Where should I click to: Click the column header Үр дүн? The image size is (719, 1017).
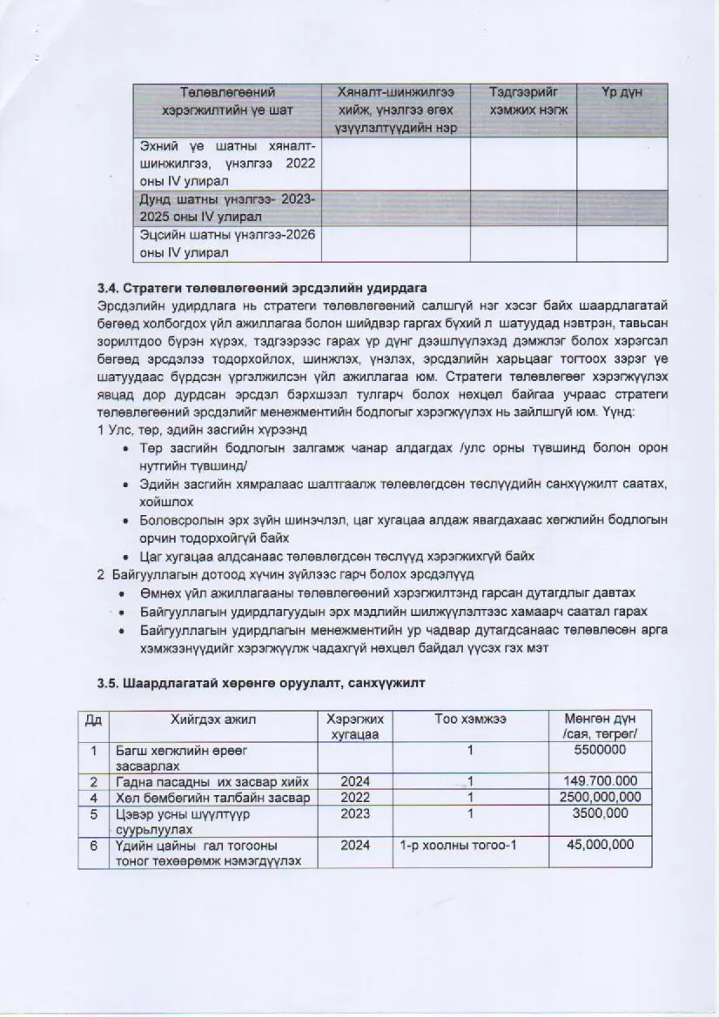pos(622,92)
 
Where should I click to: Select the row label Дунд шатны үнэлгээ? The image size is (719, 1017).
pos(228,208)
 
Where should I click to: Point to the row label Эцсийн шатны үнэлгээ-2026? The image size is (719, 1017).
pos(228,244)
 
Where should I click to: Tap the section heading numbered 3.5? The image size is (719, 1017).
pos(261,683)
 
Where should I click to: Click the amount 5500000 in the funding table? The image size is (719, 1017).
pos(601,749)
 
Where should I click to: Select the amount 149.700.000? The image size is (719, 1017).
pos(601,781)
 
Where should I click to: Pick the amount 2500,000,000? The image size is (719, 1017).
pos(601,797)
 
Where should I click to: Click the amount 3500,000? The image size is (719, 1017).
pos(601,813)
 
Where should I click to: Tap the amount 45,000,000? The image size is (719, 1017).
pos(601,845)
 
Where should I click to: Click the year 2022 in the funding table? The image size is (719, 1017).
pos(355,797)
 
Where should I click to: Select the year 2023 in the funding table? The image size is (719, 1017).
pos(355,813)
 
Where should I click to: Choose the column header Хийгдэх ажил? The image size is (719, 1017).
pos(213,719)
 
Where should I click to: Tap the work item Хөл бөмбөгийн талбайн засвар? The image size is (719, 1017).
pos(213,797)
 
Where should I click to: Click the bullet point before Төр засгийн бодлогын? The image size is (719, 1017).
pos(128,448)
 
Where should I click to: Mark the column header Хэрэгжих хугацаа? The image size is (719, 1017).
pos(355,726)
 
